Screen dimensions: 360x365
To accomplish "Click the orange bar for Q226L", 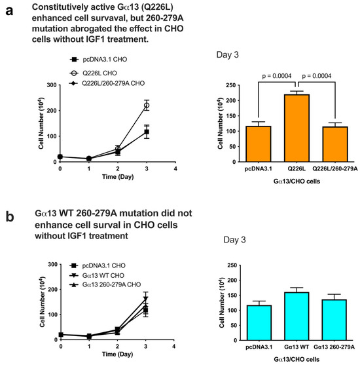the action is coord(297,128).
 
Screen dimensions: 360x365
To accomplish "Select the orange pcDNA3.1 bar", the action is coord(259,144).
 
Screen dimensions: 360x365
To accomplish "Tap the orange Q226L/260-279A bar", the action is coord(335,144).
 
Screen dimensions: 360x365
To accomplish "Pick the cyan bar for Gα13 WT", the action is coord(297,316).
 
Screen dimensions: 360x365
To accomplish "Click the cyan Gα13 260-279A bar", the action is coord(334,320).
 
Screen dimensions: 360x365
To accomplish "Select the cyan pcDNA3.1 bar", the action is coord(259,322).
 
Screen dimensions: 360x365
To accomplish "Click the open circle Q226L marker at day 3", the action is coord(146,106).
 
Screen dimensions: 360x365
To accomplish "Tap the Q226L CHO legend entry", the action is coord(93,73).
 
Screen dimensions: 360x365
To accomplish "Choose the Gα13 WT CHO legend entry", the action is coord(97,275).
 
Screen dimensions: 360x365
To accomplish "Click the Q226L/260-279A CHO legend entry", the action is coord(107,83).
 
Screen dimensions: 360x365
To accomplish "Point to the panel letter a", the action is coord(9,10).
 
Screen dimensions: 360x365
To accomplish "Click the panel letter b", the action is coord(10,216).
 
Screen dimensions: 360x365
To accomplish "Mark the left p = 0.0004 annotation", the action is coord(277,76).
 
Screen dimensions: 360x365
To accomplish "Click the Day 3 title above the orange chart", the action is coord(227,54).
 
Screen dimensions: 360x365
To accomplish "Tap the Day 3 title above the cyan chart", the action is coord(234,240).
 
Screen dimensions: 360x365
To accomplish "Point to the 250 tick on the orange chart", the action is coord(230,85).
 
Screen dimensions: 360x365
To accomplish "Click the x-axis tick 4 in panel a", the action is coord(175,168).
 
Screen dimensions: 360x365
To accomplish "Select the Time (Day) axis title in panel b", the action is coord(117,355).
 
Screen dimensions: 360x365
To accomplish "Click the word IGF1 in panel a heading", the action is coord(96,39).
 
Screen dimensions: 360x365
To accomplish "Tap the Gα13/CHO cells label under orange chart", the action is coord(297,182).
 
